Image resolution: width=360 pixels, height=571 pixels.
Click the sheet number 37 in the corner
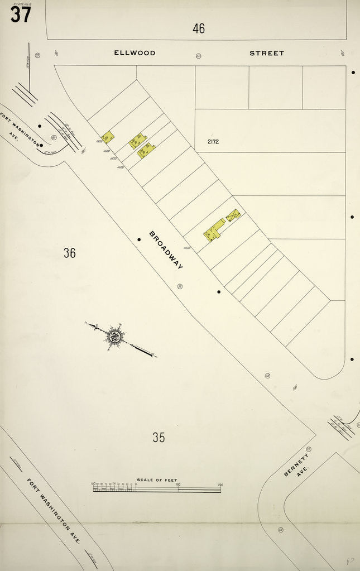[21, 15]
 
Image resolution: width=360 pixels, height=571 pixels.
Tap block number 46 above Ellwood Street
[199, 28]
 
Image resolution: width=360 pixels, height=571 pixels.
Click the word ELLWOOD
[135, 53]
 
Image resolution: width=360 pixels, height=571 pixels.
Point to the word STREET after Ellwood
[267, 53]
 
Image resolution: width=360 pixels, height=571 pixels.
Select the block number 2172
[213, 141]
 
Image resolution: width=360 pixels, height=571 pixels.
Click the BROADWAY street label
[166, 249]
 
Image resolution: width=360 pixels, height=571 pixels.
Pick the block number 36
[69, 253]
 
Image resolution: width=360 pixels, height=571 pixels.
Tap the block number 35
[159, 438]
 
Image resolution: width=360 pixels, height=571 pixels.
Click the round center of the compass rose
[115, 337]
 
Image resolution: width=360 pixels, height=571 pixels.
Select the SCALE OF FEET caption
[157, 480]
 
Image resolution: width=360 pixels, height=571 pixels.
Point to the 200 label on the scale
[220, 484]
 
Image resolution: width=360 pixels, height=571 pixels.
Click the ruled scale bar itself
[157, 490]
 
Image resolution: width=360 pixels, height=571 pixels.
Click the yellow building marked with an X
[233, 215]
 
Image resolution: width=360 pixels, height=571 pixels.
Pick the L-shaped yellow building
[213, 231]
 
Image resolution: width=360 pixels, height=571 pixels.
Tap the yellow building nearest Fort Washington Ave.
[108, 137]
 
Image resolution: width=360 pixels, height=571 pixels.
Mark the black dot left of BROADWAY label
[139, 239]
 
